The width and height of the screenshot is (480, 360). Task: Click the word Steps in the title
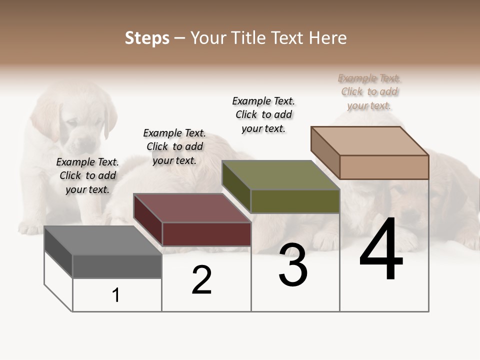click(146, 38)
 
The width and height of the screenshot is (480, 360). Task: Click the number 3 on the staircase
click(293, 265)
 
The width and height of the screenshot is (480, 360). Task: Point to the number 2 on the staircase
click(202, 280)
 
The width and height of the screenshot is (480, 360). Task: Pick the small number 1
click(116, 295)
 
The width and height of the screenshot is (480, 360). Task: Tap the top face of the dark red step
click(191, 208)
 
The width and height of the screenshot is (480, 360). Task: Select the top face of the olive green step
click(280, 175)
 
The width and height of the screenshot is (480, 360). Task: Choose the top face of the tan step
click(369, 141)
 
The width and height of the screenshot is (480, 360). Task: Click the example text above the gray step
click(87, 175)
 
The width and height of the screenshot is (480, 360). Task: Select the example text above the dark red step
click(174, 146)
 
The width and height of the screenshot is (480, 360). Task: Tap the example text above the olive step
click(263, 114)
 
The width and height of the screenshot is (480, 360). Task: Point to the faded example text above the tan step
click(369, 91)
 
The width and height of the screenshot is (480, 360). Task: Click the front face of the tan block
click(384, 167)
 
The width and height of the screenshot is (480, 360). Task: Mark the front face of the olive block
click(295, 201)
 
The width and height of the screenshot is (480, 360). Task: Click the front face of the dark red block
click(206, 234)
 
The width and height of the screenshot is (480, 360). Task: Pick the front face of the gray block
click(117, 266)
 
